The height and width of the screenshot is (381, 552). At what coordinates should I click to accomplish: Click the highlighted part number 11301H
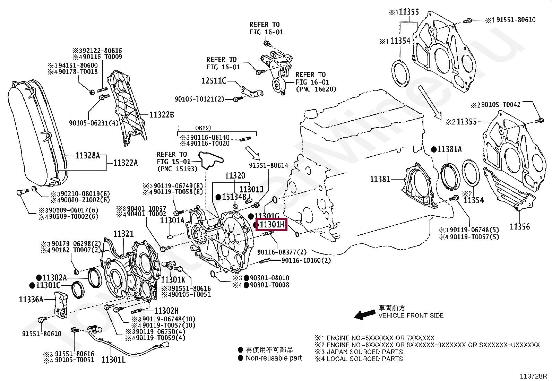(x=272, y=225)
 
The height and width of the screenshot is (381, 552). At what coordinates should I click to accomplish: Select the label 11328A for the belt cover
(x=87, y=156)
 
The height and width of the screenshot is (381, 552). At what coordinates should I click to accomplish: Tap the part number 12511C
(x=214, y=81)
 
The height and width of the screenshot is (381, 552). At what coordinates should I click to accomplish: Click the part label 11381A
(x=449, y=149)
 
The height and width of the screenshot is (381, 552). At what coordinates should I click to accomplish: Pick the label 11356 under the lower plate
(x=519, y=227)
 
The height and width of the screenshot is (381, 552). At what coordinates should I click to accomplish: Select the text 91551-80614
(x=268, y=166)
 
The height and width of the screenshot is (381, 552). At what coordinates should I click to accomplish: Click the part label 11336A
(x=31, y=300)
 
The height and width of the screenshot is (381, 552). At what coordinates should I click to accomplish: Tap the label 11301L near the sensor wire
(x=113, y=360)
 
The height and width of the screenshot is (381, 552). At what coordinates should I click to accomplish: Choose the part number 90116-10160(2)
(x=306, y=260)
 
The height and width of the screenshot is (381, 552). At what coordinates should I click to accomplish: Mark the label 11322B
(x=162, y=115)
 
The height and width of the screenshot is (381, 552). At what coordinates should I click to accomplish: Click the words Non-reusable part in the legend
(x=274, y=358)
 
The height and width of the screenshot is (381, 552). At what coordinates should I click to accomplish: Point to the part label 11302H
(x=166, y=311)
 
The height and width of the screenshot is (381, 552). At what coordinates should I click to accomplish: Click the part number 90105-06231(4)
(x=94, y=123)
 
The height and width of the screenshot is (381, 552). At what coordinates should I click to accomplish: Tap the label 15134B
(x=234, y=197)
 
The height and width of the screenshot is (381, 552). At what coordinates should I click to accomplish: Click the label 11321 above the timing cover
(x=124, y=234)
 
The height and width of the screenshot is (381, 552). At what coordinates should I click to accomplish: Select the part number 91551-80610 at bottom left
(x=42, y=334)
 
